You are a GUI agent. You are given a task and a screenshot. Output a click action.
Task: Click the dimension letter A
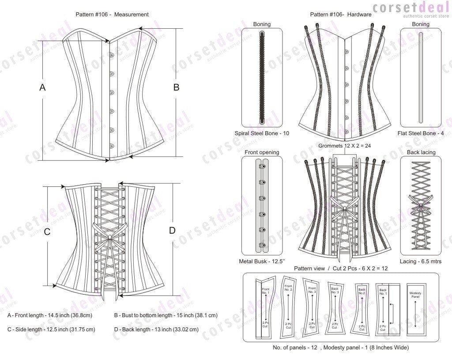coord(42,87)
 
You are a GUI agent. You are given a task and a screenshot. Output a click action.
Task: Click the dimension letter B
coord(176,87)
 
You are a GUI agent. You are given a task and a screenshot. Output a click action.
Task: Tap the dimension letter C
coord(47,231)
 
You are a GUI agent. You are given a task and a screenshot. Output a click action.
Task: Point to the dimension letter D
coord(172,230)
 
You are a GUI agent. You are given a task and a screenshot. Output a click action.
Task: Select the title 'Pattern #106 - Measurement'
coord(112,15)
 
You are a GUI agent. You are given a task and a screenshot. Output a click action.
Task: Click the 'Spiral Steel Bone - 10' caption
coord(262,133)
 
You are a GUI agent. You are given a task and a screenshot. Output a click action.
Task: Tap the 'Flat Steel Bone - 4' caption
coord(420,133)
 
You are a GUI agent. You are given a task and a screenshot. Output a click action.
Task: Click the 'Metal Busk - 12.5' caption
coord(261,261)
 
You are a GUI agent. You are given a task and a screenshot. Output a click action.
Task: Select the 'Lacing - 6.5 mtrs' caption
coord(420,261)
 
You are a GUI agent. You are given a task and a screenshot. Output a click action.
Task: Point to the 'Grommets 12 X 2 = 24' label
coord(342,146)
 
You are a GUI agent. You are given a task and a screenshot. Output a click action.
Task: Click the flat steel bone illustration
coord(420,77)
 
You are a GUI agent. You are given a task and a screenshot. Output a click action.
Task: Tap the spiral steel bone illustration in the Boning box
coord(262,77)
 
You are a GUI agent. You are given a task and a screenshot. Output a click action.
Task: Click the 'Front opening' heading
coord(262,152)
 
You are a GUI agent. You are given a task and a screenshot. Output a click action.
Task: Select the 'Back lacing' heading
coord(420,152)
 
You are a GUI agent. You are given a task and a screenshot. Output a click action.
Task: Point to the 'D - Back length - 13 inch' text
coord(156,330)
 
